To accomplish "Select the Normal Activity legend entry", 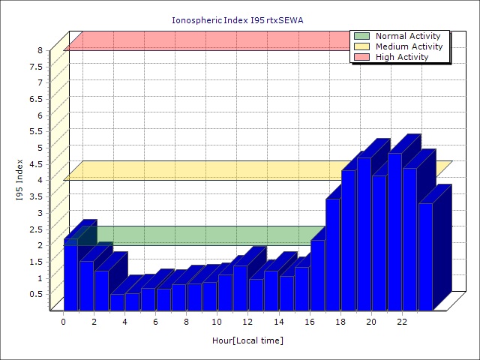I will pos(408,36).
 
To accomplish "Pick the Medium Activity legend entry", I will pos(409,46).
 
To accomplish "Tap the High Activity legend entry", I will pos(402,57).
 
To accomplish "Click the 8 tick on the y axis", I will pos(40,50).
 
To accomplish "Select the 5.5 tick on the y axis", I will pos(36,131).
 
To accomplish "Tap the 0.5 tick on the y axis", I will pos(36,293).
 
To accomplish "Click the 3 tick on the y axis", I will pos(40,212).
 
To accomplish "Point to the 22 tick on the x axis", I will pos(401,322).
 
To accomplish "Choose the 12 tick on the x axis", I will pos(247,322).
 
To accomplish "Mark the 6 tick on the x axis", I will pos(155,322).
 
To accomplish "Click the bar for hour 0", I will pos(71,274).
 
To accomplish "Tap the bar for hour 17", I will pos(333,254).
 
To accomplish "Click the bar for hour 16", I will pos(317,274).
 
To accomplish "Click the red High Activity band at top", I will pos(202,41).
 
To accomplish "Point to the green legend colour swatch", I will pos(362,36).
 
